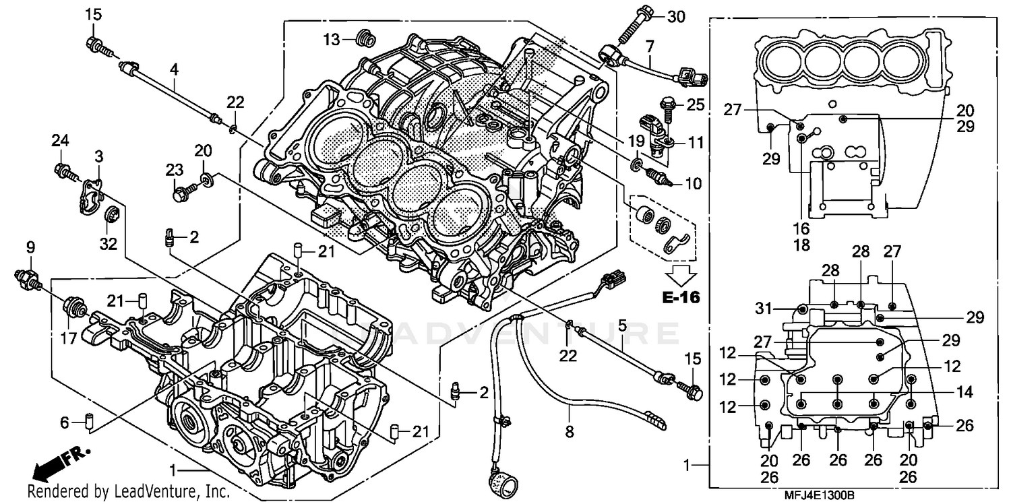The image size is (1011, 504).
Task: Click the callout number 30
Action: (x=675, y=17)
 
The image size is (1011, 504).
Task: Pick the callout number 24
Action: (x=61, y=141)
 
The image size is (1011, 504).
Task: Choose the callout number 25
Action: (x=695, y=104)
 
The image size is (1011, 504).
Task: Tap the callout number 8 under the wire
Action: (x=570, y=432)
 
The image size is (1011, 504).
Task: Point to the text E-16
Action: (x=681, y=297)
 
